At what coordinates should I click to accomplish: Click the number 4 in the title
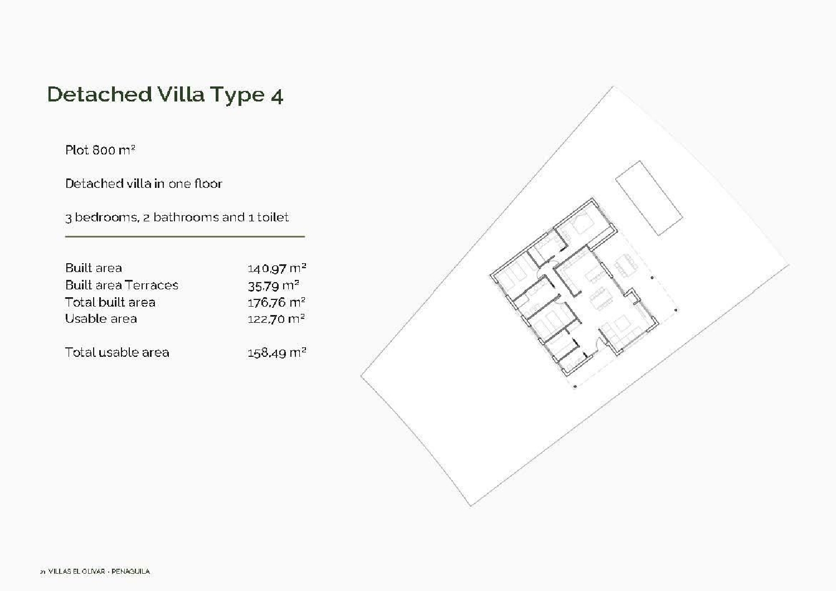[x=277, y=96]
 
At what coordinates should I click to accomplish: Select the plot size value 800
[x=104, y=150]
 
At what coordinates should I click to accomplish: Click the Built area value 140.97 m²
[x=276, y=268]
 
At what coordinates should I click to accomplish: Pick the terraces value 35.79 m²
[x=273, y=285]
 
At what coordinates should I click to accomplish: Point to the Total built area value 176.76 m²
[x=276, y=302]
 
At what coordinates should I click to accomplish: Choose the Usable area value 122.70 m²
[x=276, y=319]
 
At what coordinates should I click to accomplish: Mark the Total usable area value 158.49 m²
[x=276, y=352]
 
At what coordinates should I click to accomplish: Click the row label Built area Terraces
[x=121, y=285]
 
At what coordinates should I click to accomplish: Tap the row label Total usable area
[x=117, y=352]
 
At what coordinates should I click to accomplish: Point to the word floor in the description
[x=208, y=183]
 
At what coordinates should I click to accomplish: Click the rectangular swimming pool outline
[x=649, y=198]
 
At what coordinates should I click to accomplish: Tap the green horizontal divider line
[x=184, y=237]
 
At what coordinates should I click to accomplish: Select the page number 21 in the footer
[x=42, y=571]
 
